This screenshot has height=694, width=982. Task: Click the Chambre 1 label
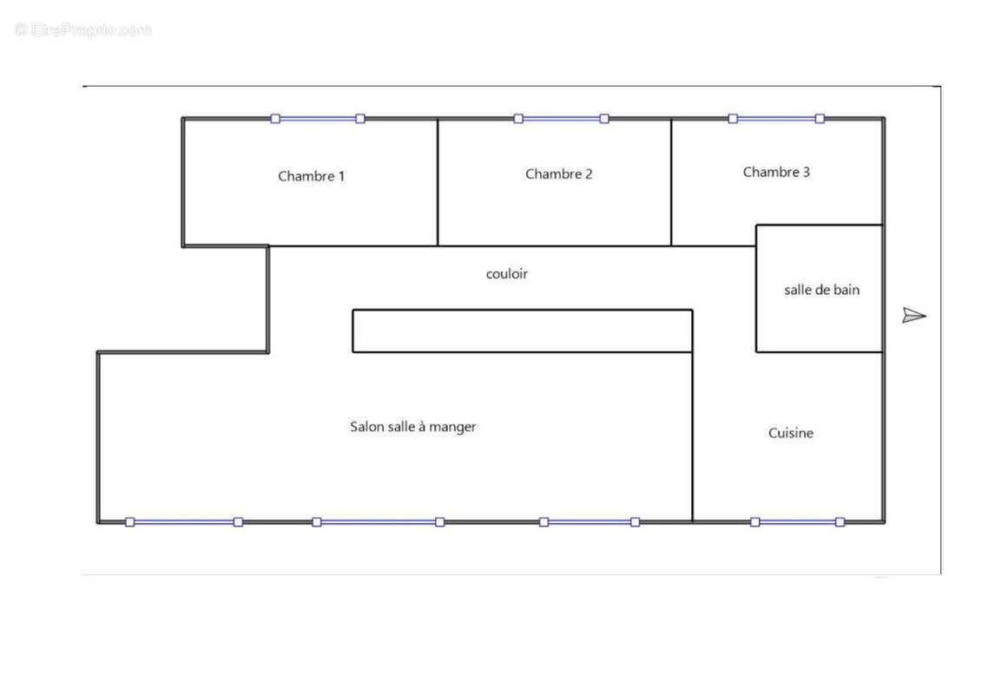point(311,176)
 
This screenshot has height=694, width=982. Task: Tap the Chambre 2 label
point(558,174)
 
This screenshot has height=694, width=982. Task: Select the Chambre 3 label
point(776,172)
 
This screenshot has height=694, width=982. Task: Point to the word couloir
point(507,273)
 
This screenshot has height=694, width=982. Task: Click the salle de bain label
point(821,290)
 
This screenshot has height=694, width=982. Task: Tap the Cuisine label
point(790,433)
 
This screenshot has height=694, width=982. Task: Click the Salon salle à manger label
point(412,427)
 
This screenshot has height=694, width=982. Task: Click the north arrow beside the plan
point(913,316)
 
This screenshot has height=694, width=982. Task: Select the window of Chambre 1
point(318,118)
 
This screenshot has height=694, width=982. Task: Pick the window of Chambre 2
point(561,118)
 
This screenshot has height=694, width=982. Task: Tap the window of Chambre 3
point(776,118)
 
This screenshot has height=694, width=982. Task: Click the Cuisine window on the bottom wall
point(797,522)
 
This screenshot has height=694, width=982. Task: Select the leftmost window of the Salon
point(184,522)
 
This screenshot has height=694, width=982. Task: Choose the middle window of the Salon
point(379,522)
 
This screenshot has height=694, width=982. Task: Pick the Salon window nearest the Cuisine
point(590,522)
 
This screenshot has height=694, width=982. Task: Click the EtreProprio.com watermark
point(82,29)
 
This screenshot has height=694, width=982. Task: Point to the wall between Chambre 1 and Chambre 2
point(437,182)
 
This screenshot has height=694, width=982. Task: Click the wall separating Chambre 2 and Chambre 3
point(671,182)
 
